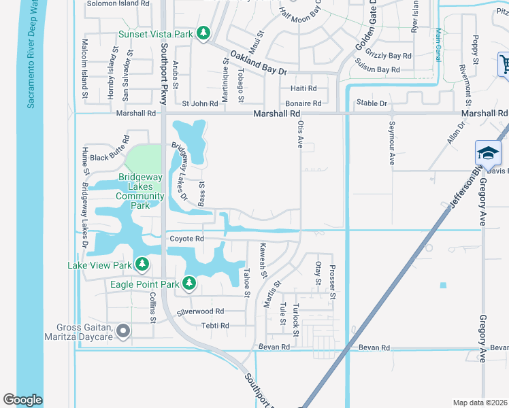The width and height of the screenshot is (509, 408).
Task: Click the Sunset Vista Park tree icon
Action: (203, 33)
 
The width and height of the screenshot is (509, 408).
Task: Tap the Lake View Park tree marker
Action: (142, 263)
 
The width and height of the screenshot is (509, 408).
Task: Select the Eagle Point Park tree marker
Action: (189, 282)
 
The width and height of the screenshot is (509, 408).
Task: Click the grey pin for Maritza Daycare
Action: (122, 331)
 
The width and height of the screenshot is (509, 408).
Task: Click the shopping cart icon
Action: (504, 65)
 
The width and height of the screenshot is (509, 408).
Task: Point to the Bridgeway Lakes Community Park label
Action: (141, 191)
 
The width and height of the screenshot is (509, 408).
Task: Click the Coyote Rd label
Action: (187, 239)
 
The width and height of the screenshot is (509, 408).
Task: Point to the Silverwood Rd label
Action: (200, 311)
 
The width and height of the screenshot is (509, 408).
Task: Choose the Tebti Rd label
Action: (214, 326)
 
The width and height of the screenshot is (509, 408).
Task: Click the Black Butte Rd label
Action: (109, 158)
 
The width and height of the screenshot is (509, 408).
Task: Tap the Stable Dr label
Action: (372, 103)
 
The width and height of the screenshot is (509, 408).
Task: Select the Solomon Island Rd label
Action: (118, 3)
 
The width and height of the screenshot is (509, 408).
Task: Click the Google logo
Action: (22, 400)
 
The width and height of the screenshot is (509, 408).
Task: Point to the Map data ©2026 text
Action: (480, 403)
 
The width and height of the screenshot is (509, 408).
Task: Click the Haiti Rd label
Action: (303, 88)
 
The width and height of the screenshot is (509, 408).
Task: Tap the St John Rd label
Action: (200, 103)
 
